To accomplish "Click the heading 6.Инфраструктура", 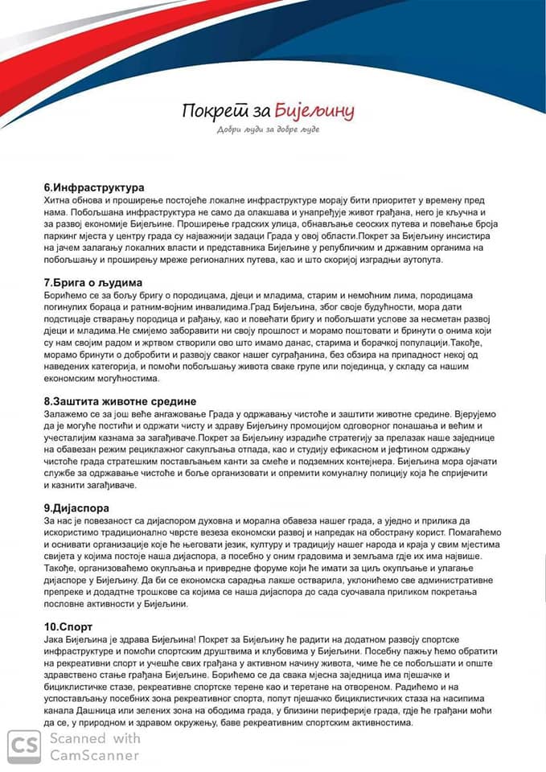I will point(93,187).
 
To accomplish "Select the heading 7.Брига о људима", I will point(92,283).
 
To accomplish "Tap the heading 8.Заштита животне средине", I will point(119,400).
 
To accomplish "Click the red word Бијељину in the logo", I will point(314,109).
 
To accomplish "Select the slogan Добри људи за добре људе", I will point(268,130).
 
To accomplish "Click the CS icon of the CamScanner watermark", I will point(24,746).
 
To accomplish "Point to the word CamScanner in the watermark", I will point(94,755).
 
